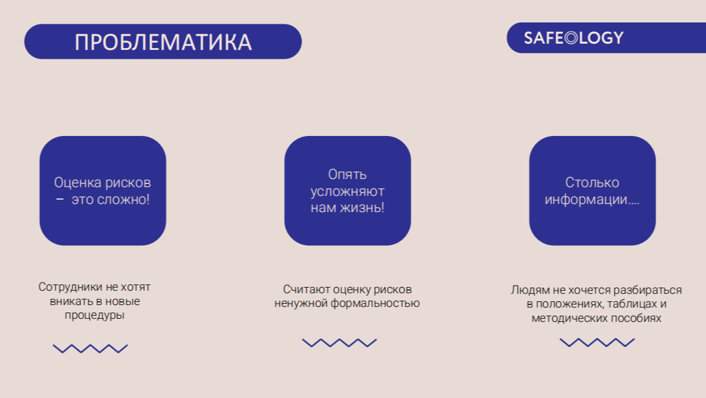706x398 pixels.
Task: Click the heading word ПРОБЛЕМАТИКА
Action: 163,42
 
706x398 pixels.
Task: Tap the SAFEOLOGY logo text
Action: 574,38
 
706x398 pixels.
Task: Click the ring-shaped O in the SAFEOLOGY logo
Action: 571,38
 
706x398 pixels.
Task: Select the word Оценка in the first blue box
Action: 77,183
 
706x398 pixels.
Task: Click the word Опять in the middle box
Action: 347,175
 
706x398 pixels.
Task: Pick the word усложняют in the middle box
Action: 347,192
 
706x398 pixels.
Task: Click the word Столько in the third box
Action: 592,183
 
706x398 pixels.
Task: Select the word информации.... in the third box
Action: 592,199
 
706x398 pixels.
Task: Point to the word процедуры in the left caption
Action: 94,315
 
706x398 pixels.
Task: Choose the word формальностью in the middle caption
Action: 375,303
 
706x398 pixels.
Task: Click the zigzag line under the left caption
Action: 91,349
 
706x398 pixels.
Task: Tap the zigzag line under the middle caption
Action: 340,342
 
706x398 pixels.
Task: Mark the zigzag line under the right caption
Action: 597,342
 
